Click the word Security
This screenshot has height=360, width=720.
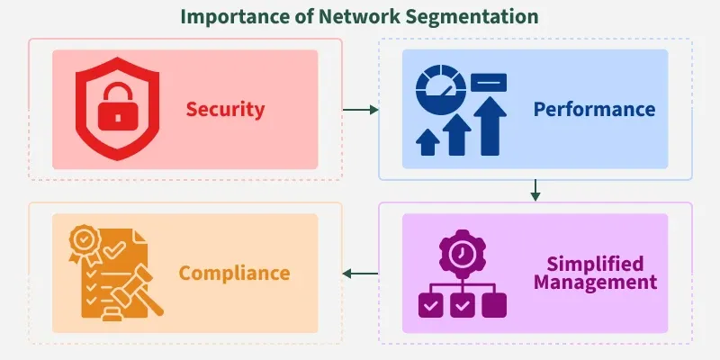(225, 110)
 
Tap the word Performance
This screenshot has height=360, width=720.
(594, 110)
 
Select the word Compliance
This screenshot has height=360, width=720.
(234, 273)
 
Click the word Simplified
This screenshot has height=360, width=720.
(595, 264)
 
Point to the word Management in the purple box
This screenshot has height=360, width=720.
(595, 283)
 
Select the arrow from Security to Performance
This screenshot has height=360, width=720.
(360, 110)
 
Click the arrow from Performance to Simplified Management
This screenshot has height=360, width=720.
(535, 190)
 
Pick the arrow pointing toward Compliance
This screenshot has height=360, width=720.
(360, 273)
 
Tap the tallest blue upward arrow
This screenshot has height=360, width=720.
(490, 126)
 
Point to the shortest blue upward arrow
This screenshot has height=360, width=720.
(427, 141)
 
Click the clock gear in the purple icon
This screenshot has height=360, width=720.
(463, 256)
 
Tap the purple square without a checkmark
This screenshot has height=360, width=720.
(494, 305)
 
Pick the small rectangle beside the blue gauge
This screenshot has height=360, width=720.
(488, 84)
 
